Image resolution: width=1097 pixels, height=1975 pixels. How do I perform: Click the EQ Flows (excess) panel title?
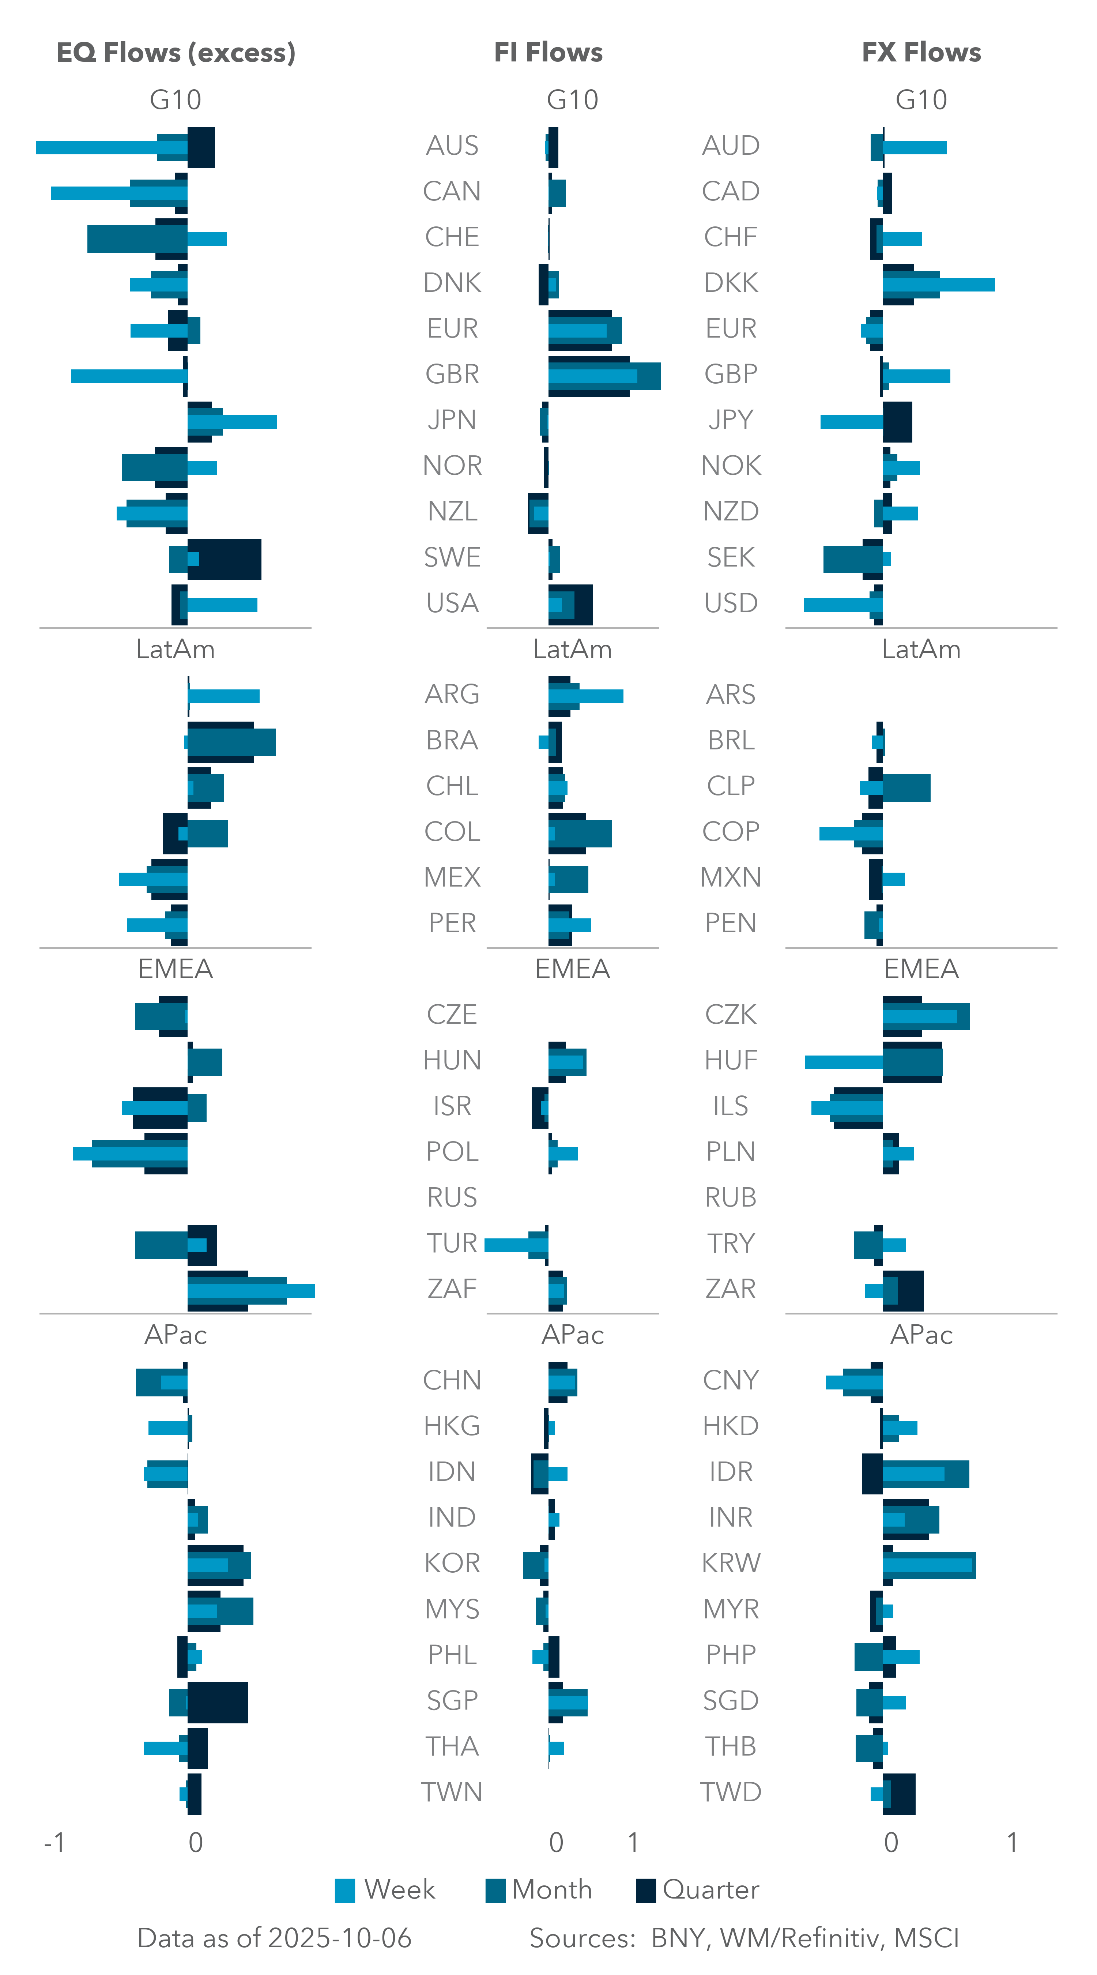coord(176,52)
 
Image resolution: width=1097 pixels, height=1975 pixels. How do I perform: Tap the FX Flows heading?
coord(921,52)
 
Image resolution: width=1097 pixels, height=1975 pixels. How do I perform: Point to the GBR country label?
coord(452,374)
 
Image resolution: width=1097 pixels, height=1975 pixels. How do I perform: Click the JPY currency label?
coord(731,420)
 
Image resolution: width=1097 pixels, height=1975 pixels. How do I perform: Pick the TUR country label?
coord(452,1243)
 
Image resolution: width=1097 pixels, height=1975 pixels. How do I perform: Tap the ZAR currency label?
coord(731,1289)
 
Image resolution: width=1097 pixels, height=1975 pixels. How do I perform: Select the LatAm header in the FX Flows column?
coord(921,650)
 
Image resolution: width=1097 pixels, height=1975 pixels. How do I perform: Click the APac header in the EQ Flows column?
coord(176,1335)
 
